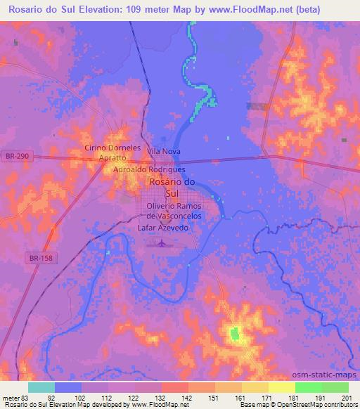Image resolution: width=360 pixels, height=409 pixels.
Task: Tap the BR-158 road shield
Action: coord(42,259)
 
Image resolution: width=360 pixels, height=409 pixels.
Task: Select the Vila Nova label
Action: coord(163,150)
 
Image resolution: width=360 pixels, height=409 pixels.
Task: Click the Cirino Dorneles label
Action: coord(112,148)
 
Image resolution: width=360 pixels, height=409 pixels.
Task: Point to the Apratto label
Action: coord(112,158)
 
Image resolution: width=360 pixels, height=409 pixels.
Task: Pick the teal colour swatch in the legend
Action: coord(41,387)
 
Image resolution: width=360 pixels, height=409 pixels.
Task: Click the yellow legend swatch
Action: coord(281,387)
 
